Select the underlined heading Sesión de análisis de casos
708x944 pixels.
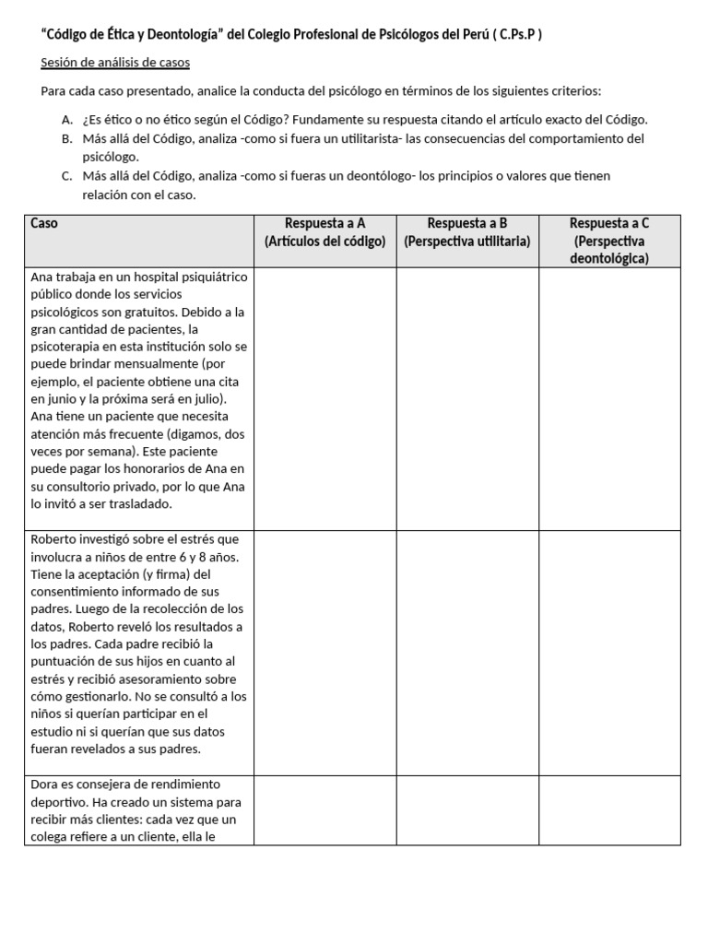115,63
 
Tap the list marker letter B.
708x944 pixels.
66,138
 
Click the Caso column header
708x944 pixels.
44,223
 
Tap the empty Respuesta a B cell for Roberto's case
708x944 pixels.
467,653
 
